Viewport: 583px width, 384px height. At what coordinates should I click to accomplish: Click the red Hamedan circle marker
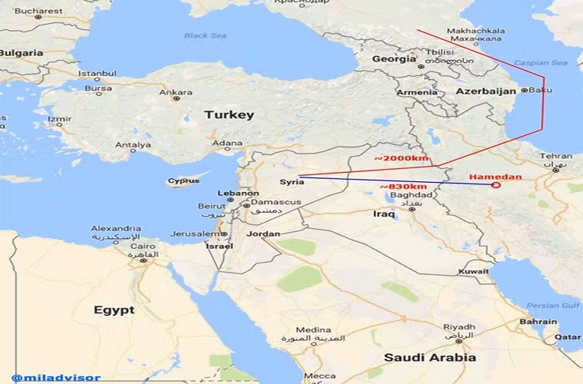pos(496,184)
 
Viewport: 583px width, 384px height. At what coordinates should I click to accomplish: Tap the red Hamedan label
pos(495,177)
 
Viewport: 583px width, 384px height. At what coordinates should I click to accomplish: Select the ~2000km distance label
pos(401,158)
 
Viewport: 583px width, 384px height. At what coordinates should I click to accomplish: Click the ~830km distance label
pos(403,187)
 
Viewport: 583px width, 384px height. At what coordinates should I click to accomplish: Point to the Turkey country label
pos(229,114)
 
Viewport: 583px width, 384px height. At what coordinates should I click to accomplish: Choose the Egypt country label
pos(114,310)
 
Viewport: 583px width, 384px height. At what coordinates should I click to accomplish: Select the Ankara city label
pos(175,92)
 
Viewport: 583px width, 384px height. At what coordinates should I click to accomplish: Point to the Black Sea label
pos(206,35)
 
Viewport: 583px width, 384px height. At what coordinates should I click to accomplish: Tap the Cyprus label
pos(183,182)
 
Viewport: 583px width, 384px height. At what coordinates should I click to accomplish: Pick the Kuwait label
pos(473,272)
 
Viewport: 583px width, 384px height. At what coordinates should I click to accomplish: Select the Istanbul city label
pos(97,74)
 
